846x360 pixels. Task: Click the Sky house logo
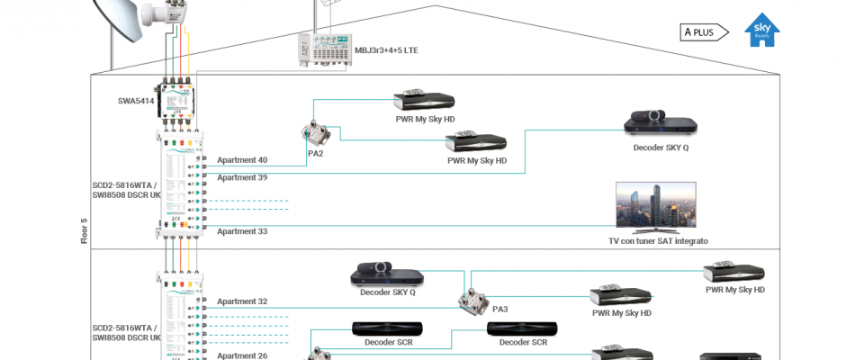tap(762, 31)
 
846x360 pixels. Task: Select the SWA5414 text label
tap(136, 101)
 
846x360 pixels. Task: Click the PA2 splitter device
tap(316, 133)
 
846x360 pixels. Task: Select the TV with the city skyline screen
tap(657, 207)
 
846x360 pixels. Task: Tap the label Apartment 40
tap(242, 160)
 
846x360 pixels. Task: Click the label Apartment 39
tap(242, 178)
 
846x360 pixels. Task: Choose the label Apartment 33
tap(242, 231)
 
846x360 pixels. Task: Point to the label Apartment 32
tap(242, 301)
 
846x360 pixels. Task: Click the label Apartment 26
tap(242, 355)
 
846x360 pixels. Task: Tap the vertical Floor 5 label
tap(85, 231)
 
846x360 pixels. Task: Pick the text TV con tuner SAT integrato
tap(658, 241)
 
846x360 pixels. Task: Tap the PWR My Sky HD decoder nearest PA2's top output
tap(425, 101)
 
